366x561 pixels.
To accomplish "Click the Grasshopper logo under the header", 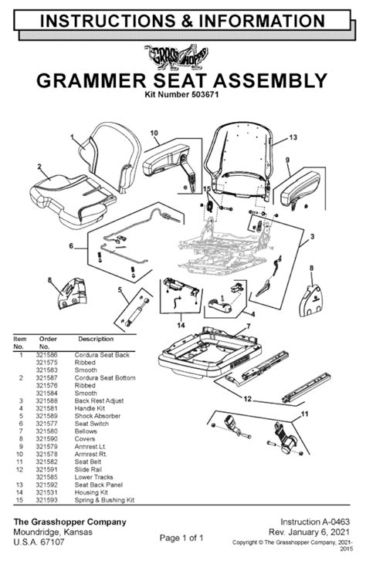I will tap(182, 55).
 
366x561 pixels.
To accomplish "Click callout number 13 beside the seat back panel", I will tap(293, 137).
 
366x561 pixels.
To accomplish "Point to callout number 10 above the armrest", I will tap(154, 132).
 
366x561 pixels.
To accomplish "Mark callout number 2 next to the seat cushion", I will tap(39, 166).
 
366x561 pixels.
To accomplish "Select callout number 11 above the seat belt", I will tap(304, 414).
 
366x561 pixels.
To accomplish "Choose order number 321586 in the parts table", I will tap(49, 353).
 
